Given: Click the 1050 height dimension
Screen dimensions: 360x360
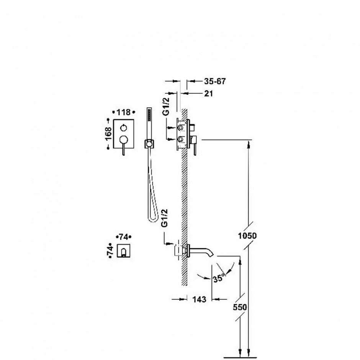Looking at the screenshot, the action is tap(247, 236).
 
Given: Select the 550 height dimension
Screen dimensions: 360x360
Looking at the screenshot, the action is tap(240, 307).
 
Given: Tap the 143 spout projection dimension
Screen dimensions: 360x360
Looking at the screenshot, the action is tap(199, 299).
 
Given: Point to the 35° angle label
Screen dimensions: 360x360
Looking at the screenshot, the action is tap(218, 278).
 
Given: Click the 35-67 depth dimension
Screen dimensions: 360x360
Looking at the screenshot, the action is tap(215, 81).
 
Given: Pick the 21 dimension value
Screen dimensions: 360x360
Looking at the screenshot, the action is tap(208, 93).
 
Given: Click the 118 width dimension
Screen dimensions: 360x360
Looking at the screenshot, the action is tap(124, 112).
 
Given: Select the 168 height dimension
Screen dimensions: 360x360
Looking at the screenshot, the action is tap(108, 133).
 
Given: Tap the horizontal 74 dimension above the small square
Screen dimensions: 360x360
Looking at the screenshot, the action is tap(124, 237).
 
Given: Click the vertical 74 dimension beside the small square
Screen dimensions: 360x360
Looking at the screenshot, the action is tap(110, 250).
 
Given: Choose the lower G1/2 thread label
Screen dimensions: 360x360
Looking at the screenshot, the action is tap(165, 218).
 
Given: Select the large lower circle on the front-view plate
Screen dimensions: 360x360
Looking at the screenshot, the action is tap(124, 139).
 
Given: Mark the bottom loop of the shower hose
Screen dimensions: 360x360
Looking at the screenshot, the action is tap(153, 219).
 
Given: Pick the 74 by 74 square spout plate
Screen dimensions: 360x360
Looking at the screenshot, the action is tap(124, 250).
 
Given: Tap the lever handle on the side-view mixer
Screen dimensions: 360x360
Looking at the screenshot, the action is tap(195, 146).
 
